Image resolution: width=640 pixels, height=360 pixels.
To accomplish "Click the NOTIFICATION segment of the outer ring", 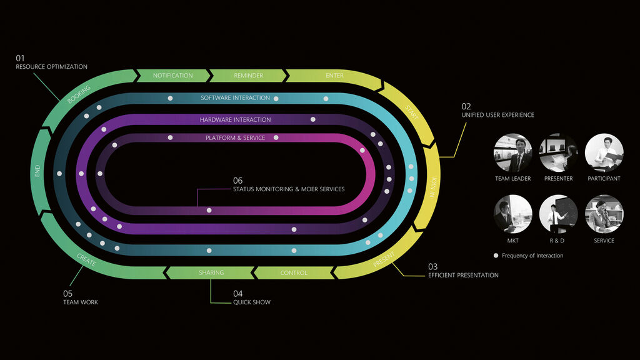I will click(172, 76).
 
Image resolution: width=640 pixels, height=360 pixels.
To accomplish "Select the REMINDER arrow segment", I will click(248, 76).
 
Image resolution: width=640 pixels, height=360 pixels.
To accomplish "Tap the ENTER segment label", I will click(334, 76).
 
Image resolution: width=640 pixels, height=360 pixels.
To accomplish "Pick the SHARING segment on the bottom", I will click(211, 273).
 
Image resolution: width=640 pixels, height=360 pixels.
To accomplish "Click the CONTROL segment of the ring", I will click(293, 273).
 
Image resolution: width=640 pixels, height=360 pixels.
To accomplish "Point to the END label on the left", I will click(37, 171).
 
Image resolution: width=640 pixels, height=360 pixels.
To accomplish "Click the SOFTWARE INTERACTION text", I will click(235, 98).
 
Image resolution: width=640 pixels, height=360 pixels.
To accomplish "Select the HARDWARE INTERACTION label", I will click(235, 119).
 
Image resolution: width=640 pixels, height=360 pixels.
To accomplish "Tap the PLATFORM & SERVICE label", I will click(235, 137).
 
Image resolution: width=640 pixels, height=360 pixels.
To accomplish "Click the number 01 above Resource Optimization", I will click(20, 58).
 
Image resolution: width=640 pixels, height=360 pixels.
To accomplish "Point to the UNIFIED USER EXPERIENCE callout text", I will click(497, 115).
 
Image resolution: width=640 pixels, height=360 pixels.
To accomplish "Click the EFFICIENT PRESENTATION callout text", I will click(463, 275).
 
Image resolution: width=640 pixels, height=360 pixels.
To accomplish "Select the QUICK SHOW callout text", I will click(252, 302).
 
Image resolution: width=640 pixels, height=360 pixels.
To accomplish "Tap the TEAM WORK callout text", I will click(81, 302).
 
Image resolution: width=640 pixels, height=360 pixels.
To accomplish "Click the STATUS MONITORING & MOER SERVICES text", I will click(288, 189).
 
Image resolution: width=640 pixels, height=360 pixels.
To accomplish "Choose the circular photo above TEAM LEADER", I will click(513, 152).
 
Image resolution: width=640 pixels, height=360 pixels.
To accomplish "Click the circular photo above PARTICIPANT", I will click(604, 152).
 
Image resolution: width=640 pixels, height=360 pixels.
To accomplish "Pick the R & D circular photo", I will click(558, 214).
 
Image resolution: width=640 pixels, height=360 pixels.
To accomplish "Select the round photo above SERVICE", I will click(604, 214).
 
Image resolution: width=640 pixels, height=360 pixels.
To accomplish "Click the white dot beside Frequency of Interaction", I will click(496, 256).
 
